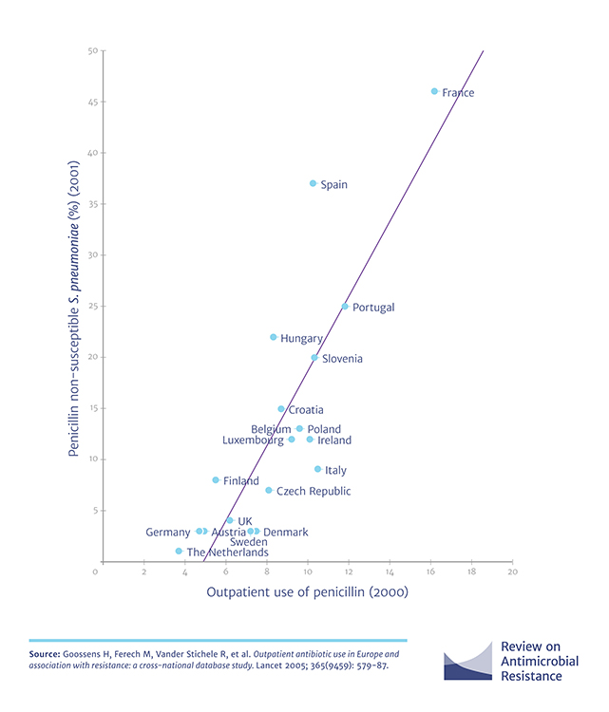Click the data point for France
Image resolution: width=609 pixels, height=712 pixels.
pos(434,92)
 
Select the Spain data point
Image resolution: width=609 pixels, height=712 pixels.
pos(313,183)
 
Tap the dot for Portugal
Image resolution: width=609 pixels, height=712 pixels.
pos(345,307)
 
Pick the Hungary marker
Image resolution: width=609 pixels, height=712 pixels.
pos(274,337)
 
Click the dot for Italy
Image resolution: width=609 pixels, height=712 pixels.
pos(318,469)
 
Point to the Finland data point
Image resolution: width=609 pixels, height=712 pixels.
pos(216,480)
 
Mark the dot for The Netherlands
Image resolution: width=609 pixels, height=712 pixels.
pos(179,551)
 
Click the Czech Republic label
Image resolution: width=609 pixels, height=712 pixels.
pos(314,492)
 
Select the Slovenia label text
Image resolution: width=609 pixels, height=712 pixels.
pos(342,359)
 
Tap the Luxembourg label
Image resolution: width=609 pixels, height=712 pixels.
pos(253,440)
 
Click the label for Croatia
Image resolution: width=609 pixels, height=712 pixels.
pos(306,410)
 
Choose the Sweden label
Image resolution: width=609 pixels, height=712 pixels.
pos(248,542)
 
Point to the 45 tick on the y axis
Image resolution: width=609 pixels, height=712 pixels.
pos(86,102)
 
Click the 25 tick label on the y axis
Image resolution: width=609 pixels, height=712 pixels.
pos(86,307)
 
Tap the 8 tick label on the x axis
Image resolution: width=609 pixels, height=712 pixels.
pos(266,572)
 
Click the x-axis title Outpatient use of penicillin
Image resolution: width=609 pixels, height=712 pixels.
pos(302,594)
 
